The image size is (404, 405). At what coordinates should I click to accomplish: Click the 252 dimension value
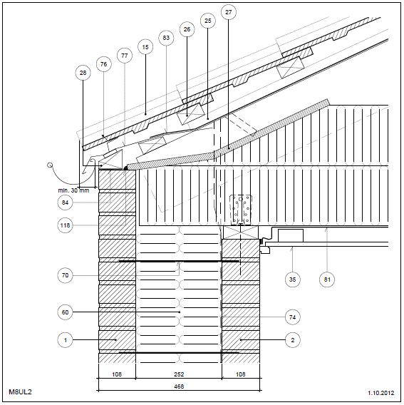pos(179,374)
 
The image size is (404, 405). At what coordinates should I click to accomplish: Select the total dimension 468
pos(179,386)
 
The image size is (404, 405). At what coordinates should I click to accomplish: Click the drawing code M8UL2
pos(20,392)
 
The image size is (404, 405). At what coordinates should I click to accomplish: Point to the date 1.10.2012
pos(381,393)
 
